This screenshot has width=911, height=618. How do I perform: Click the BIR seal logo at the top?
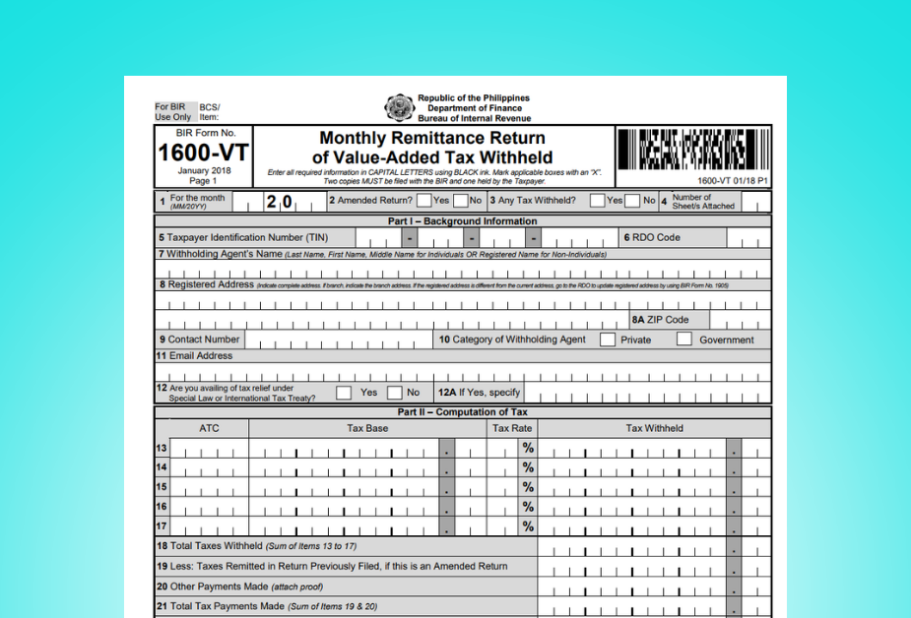399,107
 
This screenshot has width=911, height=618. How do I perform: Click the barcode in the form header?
693,151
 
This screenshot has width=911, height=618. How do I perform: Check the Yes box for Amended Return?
423,201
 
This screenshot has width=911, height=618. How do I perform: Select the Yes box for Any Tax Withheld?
597,201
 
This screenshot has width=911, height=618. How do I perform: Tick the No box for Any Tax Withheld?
632,201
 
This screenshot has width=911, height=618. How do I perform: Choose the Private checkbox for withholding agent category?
608,340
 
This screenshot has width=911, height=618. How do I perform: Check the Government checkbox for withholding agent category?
684,340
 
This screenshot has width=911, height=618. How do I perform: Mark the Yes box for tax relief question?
344,392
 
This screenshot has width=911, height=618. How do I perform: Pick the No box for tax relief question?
395,392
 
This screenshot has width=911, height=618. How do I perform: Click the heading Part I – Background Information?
463,221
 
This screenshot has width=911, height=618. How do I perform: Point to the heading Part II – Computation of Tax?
463,412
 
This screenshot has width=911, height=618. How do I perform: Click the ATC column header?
209,428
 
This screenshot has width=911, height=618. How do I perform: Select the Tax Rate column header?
512,428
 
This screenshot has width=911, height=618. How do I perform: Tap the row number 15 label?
162,487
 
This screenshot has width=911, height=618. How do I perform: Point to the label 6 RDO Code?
651,237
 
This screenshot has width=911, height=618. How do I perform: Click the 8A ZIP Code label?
661,320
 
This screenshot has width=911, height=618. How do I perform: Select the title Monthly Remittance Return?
432,138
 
